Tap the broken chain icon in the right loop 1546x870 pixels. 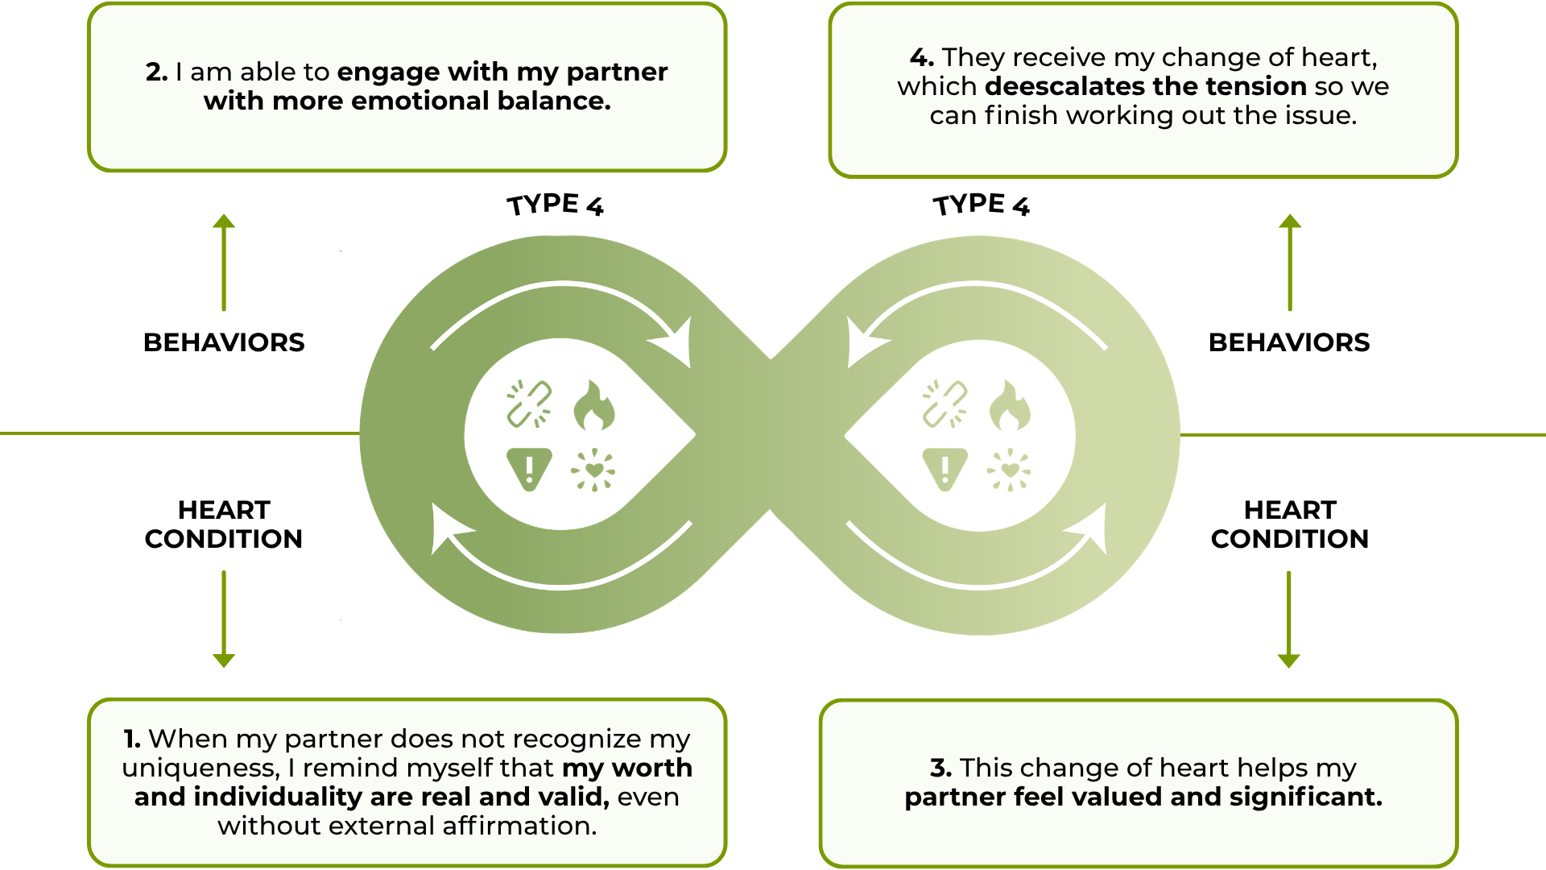[945, 404]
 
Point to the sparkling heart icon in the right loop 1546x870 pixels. [1009, 470]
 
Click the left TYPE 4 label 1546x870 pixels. [555, 205]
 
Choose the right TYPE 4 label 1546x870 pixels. [981, 205]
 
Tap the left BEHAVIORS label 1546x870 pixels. [224, 342]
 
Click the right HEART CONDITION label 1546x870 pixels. [1289, 524]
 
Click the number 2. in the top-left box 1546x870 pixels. [156, 72]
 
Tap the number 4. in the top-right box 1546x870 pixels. [921, 58]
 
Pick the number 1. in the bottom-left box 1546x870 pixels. [132, 739]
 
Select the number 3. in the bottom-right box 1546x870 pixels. [940, 768]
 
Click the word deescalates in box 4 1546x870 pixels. [1065, 86]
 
